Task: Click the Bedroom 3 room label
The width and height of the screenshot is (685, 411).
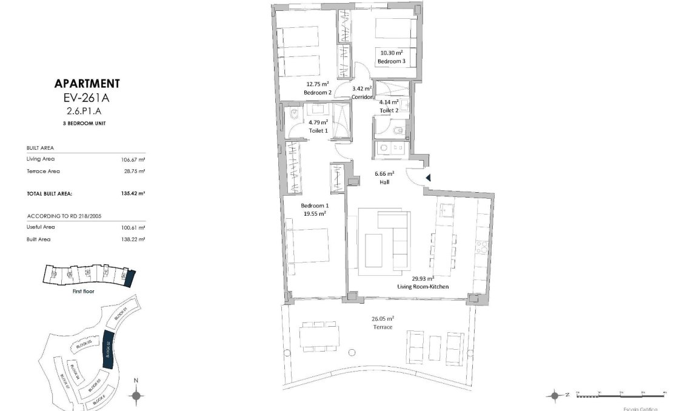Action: (x=390, y=61)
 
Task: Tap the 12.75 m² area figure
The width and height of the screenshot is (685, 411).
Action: (x=317, y=84)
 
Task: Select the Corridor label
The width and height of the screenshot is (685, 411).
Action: (x=362, y=96)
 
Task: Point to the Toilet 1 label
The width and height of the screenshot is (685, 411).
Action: (x=318, y=130)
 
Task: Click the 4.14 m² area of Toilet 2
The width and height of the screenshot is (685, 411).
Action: (x=389, y=102)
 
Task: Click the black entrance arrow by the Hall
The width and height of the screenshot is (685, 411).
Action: (x=427, y=178)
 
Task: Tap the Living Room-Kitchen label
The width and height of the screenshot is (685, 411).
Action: (x=423, y=286)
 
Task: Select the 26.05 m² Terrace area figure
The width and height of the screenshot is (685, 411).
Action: (x=383, y=318)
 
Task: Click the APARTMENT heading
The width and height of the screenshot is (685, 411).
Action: (x=87, y=84)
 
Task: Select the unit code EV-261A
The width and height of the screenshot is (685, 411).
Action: (x=87, y=98)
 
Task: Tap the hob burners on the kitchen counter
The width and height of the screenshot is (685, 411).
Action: (x=483, y=247)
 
